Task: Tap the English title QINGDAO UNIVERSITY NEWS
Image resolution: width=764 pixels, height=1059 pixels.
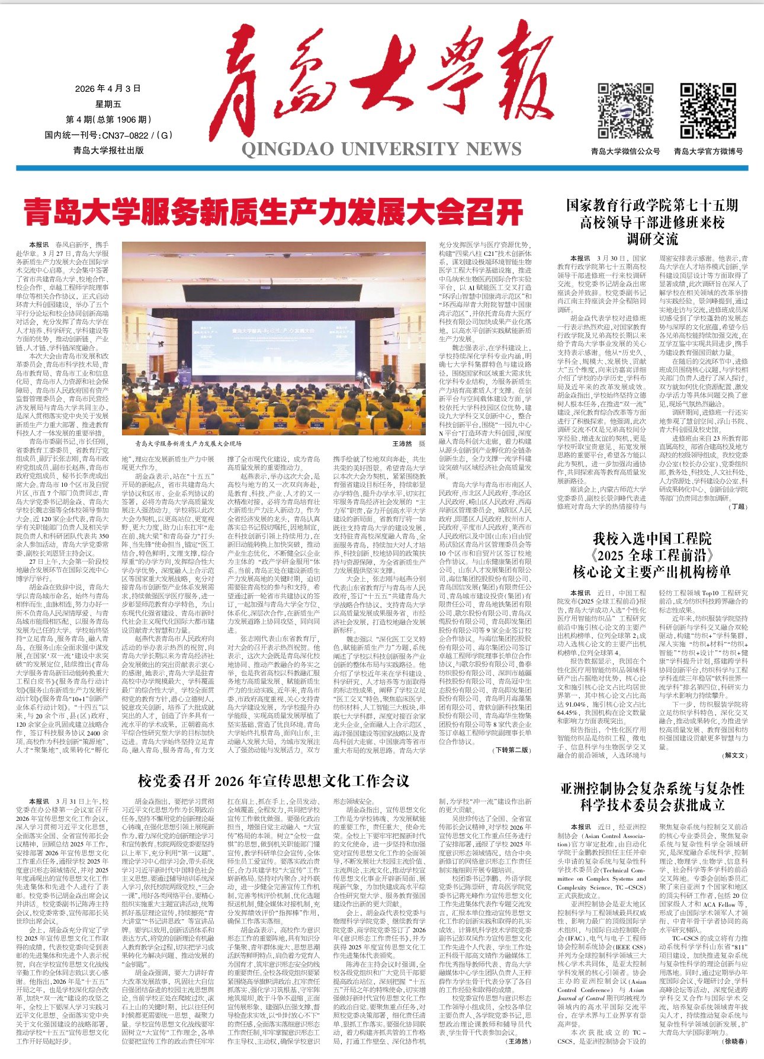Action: [381, 148]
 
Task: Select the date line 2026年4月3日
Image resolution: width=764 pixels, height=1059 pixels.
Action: [108, 89]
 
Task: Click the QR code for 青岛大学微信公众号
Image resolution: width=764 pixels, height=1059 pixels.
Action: [625, 111]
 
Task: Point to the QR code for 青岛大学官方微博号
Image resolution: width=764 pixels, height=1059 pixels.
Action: [708, 111]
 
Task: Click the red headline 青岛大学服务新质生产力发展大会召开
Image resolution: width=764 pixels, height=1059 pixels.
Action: [274, 211]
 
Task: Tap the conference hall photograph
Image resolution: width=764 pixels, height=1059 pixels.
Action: [274, 338]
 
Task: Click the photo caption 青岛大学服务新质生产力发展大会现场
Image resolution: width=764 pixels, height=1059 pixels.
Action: [188, 443]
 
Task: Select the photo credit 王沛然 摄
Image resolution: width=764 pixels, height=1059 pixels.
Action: [409, 443]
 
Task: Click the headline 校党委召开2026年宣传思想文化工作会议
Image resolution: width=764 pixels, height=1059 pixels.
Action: [274, 781]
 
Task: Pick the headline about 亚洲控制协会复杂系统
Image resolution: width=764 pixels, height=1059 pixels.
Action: [651, 797]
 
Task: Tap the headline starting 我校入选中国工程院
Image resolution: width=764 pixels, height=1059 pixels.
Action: [651, 555]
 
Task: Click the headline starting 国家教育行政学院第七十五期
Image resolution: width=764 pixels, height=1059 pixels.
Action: [651, 222]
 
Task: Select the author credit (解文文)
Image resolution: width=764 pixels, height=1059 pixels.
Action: [734, 755]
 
